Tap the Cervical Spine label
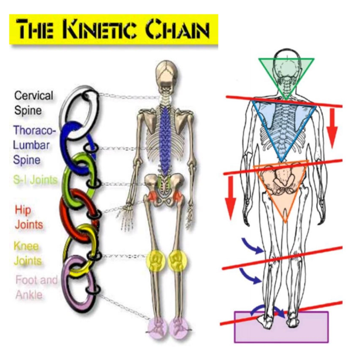[33, 103]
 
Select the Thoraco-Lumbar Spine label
[32, 145]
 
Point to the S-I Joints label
[35, 180]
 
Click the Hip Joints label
[28, 217]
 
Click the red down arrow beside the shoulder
[332, 128]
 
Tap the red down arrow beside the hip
[230, 198]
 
